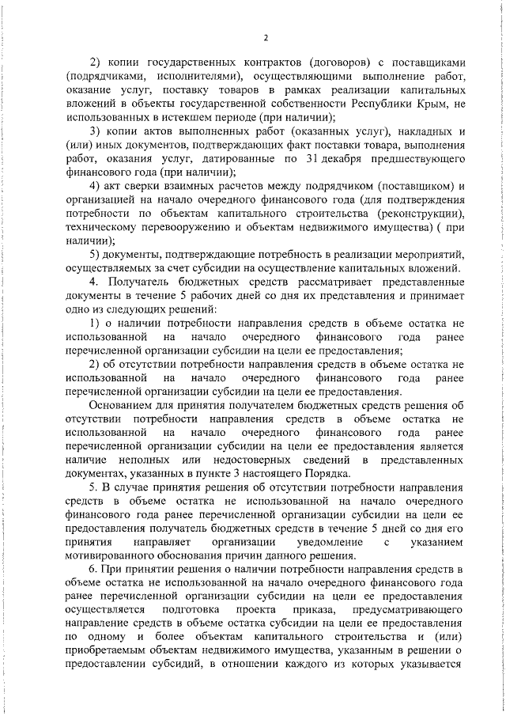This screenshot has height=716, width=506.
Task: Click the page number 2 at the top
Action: click(x=266, y=37)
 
